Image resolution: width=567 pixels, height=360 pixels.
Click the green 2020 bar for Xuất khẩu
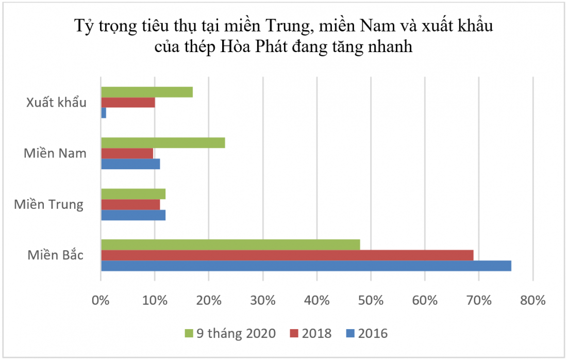pos(147,92)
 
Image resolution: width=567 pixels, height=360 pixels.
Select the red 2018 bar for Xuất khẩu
pos(128,102)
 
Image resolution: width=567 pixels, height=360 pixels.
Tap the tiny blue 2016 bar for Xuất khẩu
pos(104,112)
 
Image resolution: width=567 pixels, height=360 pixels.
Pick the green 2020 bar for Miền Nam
pos(163,143)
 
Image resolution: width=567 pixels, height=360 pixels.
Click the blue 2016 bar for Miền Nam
pos(130,164)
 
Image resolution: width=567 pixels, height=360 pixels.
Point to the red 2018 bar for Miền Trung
pos(130,205)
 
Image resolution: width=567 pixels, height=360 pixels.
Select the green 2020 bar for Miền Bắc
pos(230,244)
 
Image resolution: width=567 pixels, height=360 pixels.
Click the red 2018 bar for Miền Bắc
pos(287,255)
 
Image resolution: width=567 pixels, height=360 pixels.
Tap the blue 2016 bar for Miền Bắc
pos(306,266)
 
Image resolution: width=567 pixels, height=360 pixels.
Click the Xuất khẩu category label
pos(56,102)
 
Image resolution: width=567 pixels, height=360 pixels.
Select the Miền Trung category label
pos(48,204)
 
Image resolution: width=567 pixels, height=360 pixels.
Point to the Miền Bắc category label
pos(56,255)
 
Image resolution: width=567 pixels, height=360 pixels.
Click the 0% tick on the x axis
pos(101,300)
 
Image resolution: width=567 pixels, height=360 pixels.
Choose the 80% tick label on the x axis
pos(532,300)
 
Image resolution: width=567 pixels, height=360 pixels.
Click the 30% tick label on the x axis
pos(262,300)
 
